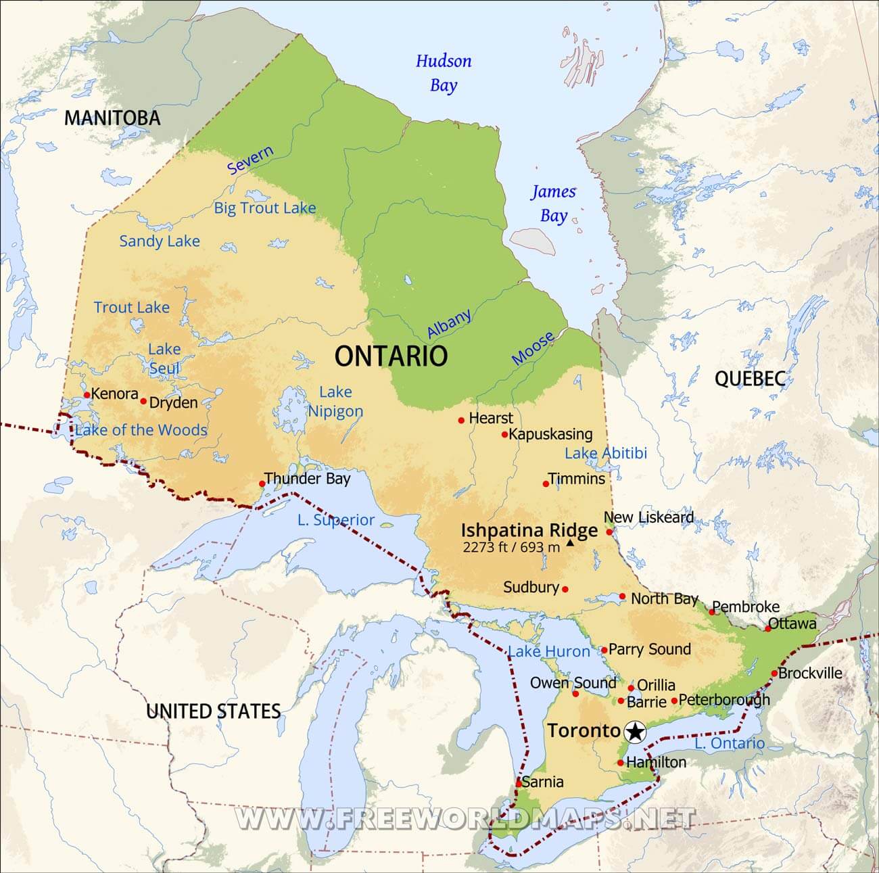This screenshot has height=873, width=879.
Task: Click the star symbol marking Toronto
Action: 635,731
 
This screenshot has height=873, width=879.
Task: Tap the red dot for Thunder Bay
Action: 262,483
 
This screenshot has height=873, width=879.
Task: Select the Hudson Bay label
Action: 444,73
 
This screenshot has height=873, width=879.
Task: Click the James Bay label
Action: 553,204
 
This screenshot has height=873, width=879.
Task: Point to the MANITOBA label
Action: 112,118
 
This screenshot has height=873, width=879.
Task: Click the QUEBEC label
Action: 749,379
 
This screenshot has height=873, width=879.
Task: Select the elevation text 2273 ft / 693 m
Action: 511,547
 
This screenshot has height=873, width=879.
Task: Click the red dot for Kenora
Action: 87,395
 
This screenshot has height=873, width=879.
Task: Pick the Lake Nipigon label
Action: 335,402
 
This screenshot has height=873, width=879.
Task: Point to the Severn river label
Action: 250,160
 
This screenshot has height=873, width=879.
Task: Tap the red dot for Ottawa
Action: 768,628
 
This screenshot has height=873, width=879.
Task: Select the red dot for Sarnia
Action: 519,783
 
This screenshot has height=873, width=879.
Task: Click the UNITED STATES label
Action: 213,711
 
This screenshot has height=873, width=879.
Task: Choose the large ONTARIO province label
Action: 391,356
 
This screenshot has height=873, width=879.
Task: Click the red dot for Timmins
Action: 546,483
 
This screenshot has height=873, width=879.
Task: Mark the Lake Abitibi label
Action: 606,453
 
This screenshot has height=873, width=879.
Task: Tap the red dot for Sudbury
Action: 565,589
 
